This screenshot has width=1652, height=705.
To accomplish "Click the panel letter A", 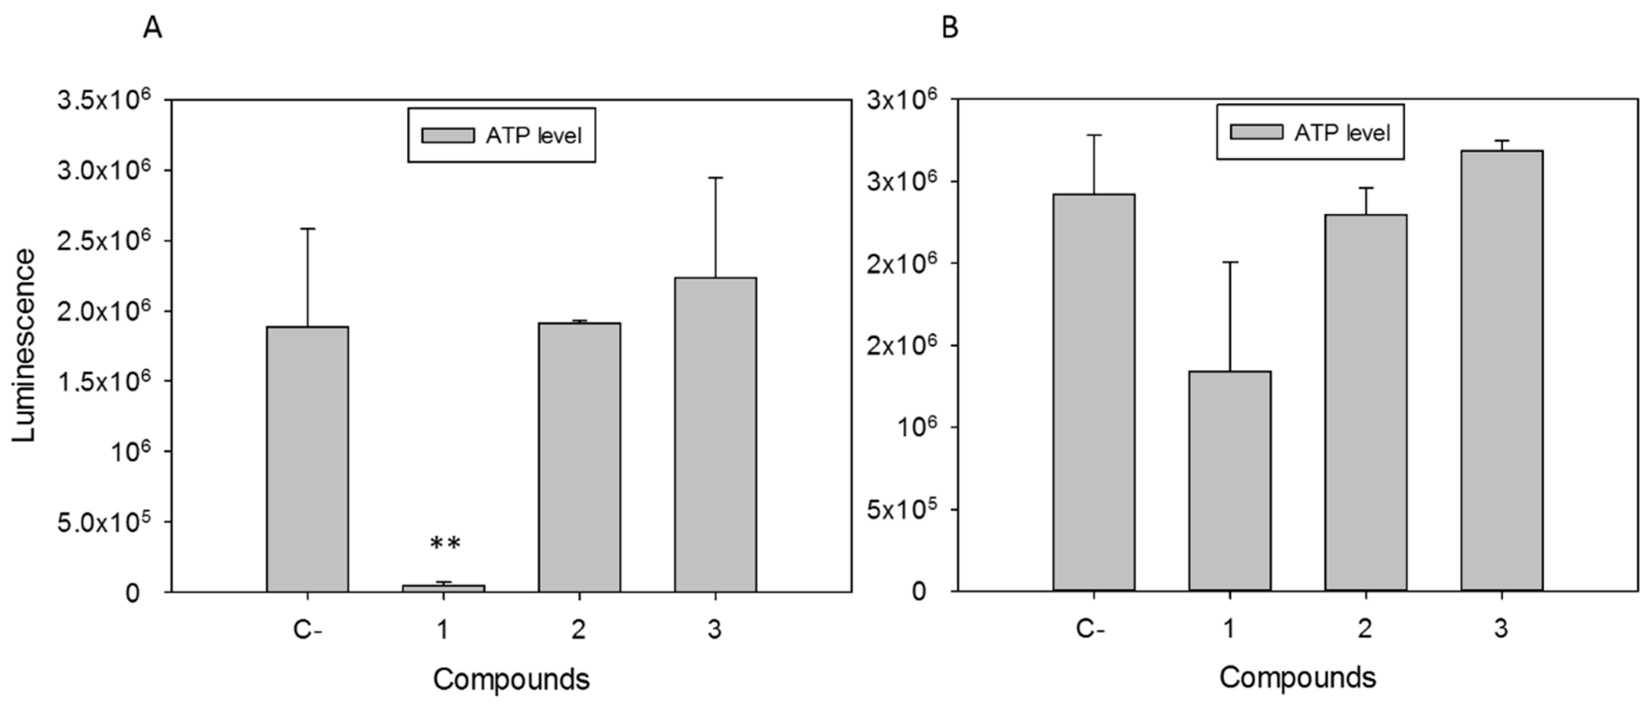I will [x=152, y=28].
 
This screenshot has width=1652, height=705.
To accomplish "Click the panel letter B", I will [x=950, y=28].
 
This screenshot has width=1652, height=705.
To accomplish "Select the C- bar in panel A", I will [x=308, y=459].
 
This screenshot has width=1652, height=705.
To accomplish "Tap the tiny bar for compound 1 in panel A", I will [x=443, y=587].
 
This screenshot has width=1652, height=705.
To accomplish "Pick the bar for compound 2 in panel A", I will [x=579, y=457].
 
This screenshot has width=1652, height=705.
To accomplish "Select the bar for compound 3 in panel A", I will [x=715, y=434].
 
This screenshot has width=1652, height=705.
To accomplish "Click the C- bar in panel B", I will [x=1094, y=392].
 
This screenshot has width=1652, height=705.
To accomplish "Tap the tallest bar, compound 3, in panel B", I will [x=1501, y=370].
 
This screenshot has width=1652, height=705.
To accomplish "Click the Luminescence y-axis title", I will [x=25, y=346].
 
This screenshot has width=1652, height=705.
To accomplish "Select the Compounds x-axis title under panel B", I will [x=1297, y=677].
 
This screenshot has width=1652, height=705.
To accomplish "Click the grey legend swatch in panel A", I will [x=448, y=135].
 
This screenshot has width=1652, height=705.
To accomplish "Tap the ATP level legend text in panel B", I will [x=1342, y=133].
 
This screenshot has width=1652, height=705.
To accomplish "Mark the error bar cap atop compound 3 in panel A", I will [x=715, y=178].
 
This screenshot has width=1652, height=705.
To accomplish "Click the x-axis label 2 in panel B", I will [x=1365, y=628].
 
